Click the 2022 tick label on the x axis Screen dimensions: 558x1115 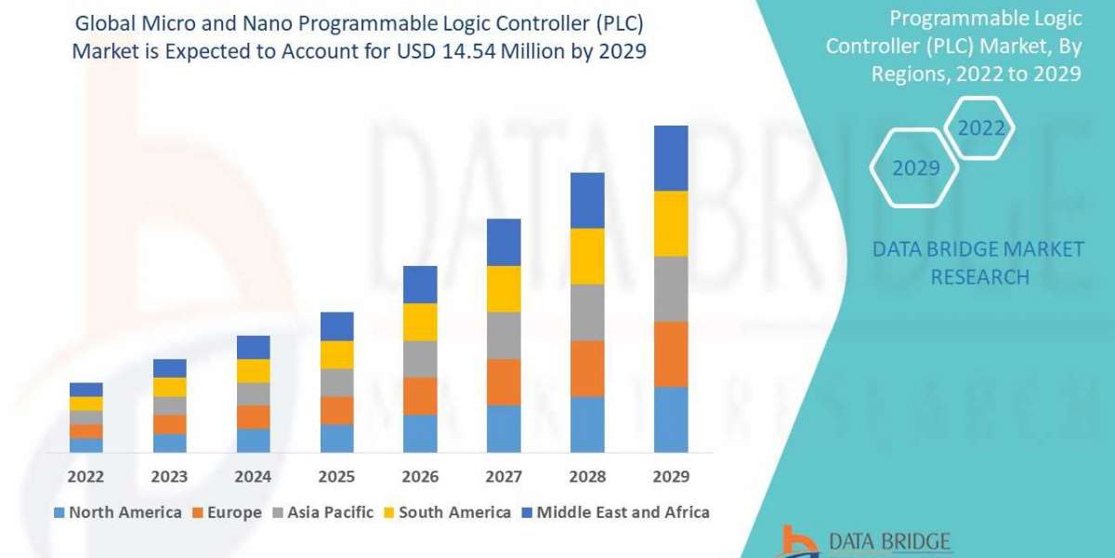click(x=86, y=476)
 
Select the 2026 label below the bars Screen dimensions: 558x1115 click(x=420, y=476)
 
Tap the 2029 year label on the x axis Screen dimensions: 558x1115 click(x=671, y=476)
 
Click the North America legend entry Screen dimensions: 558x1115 click(x=118, y=512)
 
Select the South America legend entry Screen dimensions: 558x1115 click(x=446, y=512)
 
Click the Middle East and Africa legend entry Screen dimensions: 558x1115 click(x=614, y=512)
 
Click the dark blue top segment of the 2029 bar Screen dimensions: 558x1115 click(x=671, y=158)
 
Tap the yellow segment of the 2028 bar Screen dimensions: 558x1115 click(x=587, y=256)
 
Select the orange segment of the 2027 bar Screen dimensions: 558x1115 click(x=504, y=381)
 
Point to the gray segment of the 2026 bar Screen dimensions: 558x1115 click(x=420, y=359)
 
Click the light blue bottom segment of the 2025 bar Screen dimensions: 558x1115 click(x=336, y=438)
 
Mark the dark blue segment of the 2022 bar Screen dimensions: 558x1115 click(x=86, y=390)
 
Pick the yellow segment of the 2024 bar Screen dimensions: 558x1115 click(x=253, y=371)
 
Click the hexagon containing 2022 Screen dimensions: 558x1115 click(x=981, y=128)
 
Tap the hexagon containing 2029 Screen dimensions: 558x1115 click(x=915, y=168)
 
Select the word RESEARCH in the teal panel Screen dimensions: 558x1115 click(x=979, y=276)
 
